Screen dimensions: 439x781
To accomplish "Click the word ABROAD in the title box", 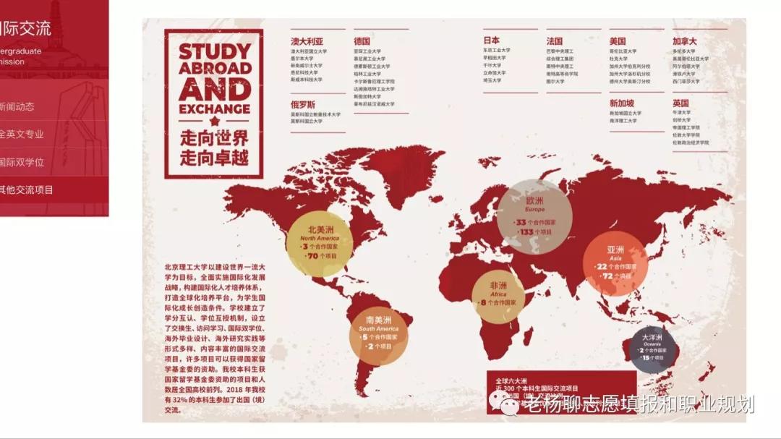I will tap(215, 68).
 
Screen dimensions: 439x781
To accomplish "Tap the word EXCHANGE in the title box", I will tap(215, 110).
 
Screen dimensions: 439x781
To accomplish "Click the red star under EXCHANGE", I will tap(214, 122).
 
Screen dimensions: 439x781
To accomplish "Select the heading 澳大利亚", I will tap(307, 41).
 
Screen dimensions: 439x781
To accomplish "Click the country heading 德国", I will tap(362, 41).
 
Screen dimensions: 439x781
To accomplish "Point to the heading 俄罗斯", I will tap(303, 104).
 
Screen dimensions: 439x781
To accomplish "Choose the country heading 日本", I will tap(492, 41).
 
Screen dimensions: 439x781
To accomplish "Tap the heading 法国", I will tap(555, 41).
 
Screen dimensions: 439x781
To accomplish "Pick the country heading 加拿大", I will tap(684, 41).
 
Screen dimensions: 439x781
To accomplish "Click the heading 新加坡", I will tap(621, 103).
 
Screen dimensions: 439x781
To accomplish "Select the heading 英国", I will tap(680, 103).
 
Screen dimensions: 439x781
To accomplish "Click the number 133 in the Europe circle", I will tap(526, 232).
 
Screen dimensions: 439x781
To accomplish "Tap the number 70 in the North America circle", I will tap(313, 256).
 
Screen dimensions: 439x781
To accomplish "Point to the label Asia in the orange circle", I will tap(615, 258).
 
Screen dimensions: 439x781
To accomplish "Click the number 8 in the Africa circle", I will tap(482, 302).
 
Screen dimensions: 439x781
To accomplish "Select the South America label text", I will tap(378, 329).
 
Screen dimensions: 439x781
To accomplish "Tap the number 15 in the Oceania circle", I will tap(646, 358).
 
